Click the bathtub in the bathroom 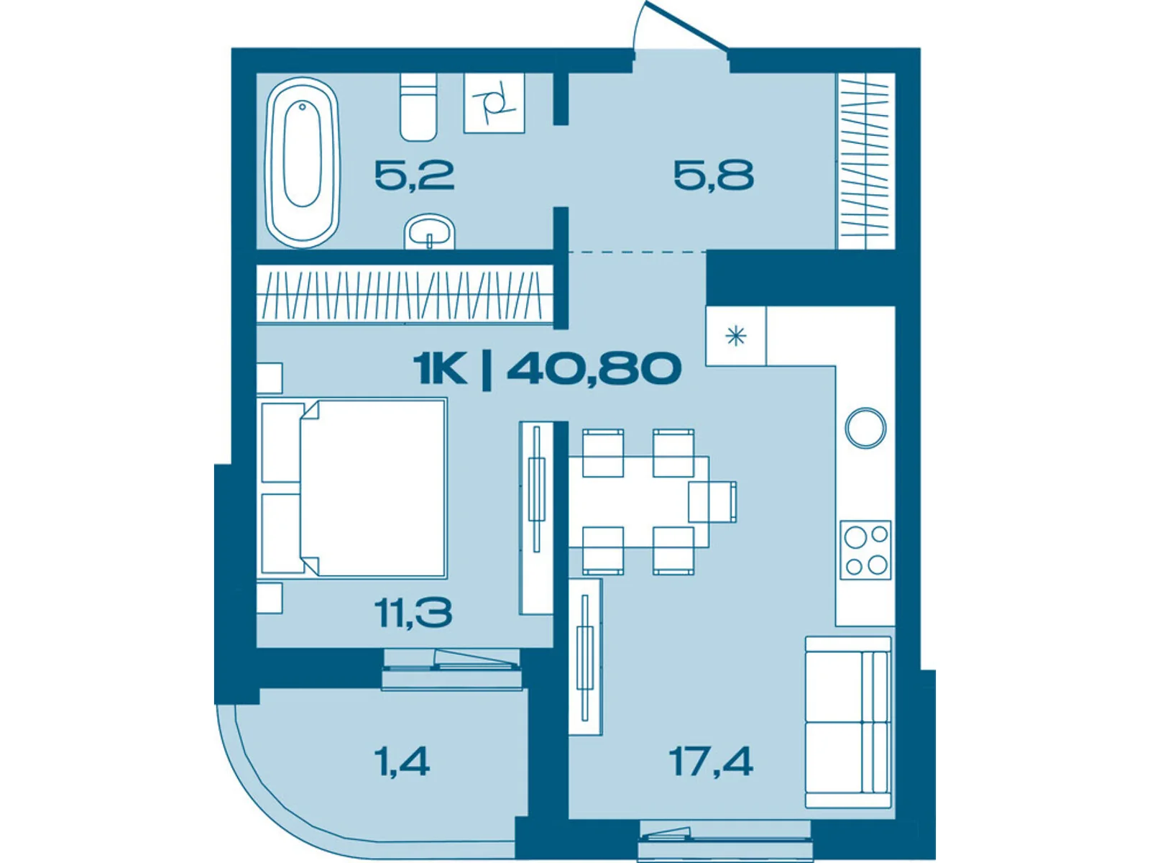tap(303, 163)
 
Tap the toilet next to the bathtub tap(418, 108)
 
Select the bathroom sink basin tap(430, 232)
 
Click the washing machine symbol tap(494, 103)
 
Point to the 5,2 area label tap(414, 175)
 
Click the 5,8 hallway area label tap(713, 175)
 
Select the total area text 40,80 tap(594, 368)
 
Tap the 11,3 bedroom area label tap(413, 613)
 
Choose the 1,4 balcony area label tap(402, 761)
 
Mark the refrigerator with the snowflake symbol tap(735, 336)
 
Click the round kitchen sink tap(865, 428)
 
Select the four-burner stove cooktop tap(865, 550)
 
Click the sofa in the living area tap(847, 721)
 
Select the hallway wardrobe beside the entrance tap(865, 161)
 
